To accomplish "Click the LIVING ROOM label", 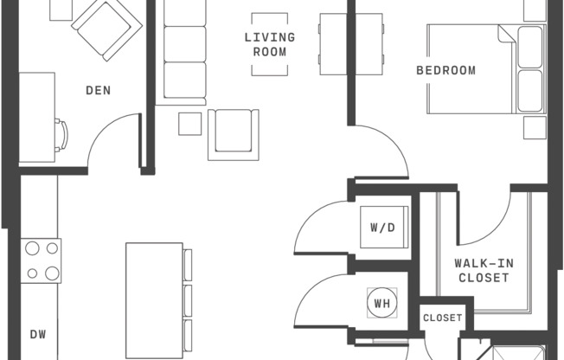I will click(x=269, y=44).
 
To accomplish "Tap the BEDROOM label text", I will click(x=445, y=70).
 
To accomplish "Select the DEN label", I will click(x=98, y=90).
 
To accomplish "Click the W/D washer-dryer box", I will click(x=381, y=228).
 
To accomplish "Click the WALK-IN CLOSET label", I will click(x=482, y=271).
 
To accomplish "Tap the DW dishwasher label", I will click(x=38, y=334).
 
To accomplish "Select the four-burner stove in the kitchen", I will click(x=42, y=260).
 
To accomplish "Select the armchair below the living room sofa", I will click(x=234, y=134).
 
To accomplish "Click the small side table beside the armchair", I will click(x=190, y=124).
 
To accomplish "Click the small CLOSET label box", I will click(x=443, y=318).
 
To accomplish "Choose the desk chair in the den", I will click(x=63, y=137).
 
